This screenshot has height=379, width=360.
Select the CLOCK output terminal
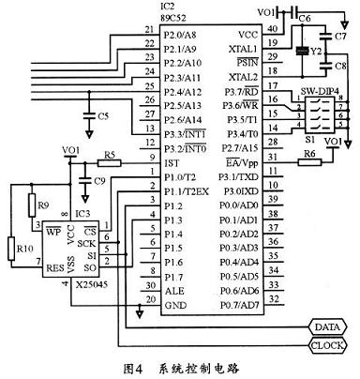click(325, 345)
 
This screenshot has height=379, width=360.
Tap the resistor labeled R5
click(109, 163)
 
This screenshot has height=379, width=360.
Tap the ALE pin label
click(173, 292)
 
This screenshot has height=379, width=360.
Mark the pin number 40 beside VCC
click(273, 27)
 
